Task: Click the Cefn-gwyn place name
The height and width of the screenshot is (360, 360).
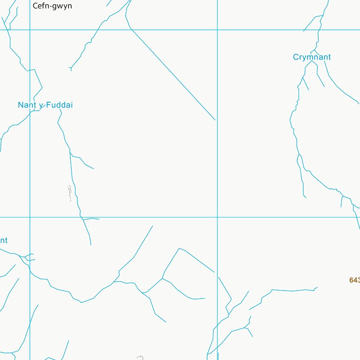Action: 52,6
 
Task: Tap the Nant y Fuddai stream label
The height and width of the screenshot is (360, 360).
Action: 45,105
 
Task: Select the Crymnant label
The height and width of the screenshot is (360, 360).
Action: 312,57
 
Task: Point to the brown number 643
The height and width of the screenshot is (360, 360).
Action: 354,280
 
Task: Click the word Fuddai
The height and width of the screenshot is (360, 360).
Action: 60,105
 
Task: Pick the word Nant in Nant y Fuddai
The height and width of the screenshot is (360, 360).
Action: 27,105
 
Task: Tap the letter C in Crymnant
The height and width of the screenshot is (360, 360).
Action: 296,57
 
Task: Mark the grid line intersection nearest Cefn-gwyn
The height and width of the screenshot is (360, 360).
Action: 30,30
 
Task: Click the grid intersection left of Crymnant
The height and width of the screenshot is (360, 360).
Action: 217,30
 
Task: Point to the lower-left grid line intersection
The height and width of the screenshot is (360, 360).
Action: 30,217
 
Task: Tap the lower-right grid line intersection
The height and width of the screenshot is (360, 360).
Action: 217,217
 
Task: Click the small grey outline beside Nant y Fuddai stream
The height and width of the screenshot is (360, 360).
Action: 69,193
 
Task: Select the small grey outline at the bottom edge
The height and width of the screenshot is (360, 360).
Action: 140,358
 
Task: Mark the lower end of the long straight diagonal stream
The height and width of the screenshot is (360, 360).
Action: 215,120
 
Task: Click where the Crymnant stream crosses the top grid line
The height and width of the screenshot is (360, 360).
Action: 319,30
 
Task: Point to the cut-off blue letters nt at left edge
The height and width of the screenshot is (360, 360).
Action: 3,240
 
